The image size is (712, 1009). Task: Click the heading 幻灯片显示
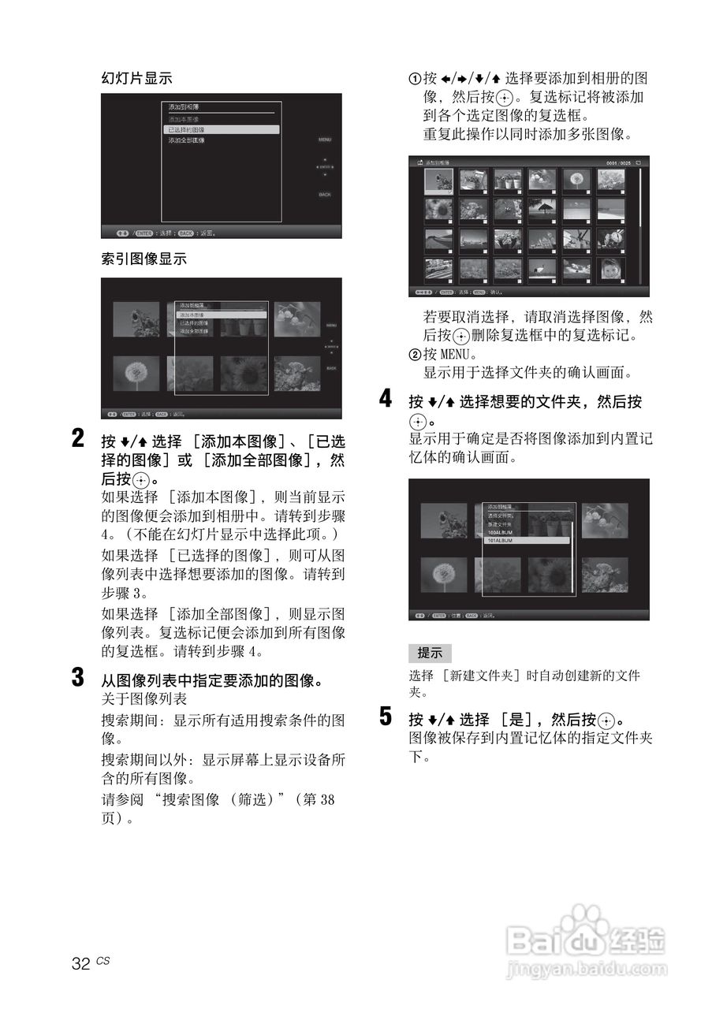click(136, 78)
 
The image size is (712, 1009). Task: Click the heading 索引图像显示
click(144, 259)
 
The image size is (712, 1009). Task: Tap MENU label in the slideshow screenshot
click(325, 140)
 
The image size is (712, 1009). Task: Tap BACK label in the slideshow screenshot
click(325, 194)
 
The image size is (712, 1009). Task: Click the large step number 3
click(78, 676)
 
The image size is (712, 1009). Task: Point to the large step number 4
click(386, 399)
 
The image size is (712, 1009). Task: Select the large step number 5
click(386, 717)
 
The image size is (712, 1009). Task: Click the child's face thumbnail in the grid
click(610, 270)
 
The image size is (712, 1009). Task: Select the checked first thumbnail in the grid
click(438, 181)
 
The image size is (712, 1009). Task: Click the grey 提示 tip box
click(430, 653)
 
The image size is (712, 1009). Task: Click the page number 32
click(80, 964)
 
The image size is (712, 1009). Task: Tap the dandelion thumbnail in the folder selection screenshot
click(443, 575)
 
